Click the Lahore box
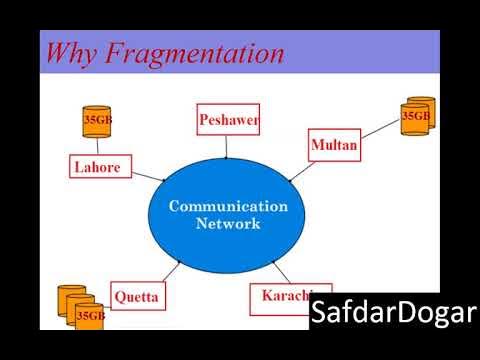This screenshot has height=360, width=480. point(97,167)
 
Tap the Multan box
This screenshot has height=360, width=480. point(334,146)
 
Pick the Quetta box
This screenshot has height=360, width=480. point(136,297)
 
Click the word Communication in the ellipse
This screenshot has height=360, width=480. point(228,206)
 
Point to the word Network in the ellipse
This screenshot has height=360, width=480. point(228,224)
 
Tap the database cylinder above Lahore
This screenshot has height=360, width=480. point(97,122)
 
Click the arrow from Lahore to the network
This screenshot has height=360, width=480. point(146,175)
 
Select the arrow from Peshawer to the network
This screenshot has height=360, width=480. point(228,146)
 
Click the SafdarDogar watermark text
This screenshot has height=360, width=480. point(392,313)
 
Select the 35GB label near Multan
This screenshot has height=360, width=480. point(416,116)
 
